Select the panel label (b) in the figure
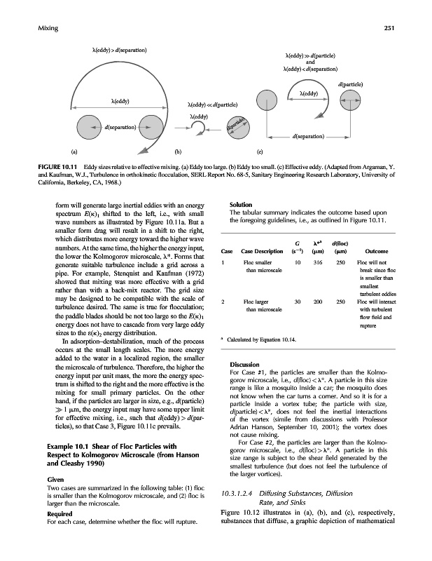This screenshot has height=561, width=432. [178, 150]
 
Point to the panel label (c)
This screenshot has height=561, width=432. [260, 150]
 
